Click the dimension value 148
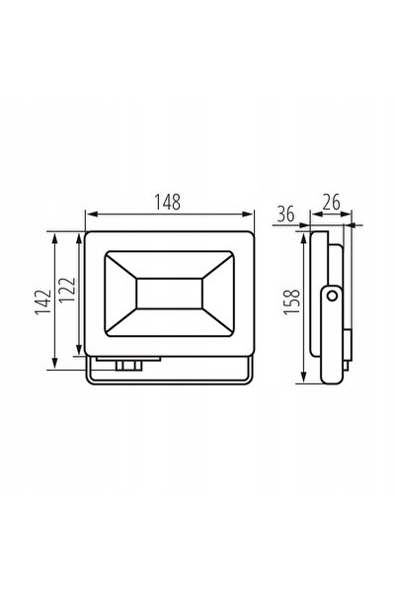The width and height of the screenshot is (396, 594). [x=167, y=202]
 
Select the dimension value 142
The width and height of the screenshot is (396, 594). [x=42, y=301]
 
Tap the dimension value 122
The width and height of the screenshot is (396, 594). [x=68, y=290]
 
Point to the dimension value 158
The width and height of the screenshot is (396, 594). [x=292, y=301]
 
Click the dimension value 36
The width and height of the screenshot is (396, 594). [x=285, y=214]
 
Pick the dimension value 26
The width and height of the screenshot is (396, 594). [x=331, y=203]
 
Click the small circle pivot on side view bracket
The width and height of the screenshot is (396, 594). [x=332, y=296]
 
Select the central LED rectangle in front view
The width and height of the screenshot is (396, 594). [x=169, y=294]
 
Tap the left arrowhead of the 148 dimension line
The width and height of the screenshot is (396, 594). [x=91, y=214]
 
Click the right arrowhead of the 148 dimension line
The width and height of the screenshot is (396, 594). [x=248, y=214]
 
